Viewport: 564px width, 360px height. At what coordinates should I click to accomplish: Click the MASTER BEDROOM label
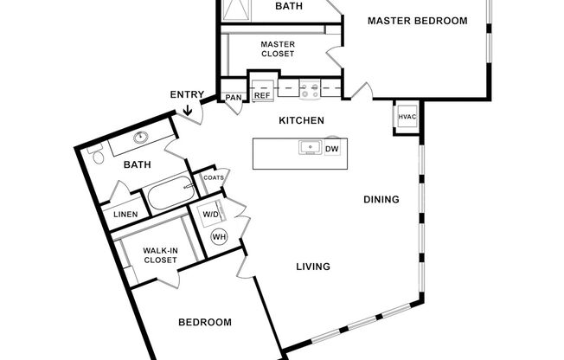click(x=417, y=21)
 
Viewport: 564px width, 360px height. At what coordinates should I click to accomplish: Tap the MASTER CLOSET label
click(x=277, y=48)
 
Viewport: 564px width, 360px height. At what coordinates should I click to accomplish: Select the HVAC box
click(x=407, y=117)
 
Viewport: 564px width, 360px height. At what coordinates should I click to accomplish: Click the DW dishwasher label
click(x=331, y=149)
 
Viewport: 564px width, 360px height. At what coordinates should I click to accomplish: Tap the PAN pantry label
click(x=234, y=98)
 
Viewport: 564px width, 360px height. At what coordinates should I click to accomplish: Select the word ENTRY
click(x=188, y=94)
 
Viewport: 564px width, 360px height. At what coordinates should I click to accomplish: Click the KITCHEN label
click(x=301, y=120)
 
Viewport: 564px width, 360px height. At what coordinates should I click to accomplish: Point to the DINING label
click(x=381, y=199)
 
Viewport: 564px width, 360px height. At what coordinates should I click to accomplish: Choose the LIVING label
click(x=313, y=267)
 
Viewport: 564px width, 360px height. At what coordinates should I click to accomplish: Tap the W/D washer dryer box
click(x=210, y=214)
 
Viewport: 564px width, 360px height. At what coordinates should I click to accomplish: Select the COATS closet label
click(x=214, y=178)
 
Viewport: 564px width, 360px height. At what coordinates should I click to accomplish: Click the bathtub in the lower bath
click(x=168, y=196)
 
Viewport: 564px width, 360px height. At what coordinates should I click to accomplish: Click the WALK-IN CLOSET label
click(x=161, y=255)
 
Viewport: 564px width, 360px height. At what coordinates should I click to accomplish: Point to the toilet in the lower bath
click(x=98, y=158)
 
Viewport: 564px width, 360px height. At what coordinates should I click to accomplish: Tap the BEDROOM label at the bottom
click(x=205, y=323)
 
